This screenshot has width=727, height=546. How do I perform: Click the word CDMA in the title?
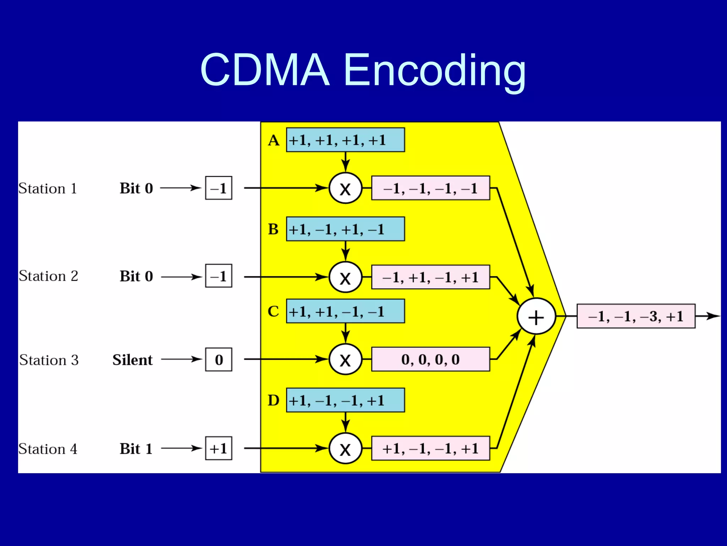265,70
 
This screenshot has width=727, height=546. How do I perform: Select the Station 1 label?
48,188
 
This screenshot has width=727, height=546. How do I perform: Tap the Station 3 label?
49,360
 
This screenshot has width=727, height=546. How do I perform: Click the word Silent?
132,360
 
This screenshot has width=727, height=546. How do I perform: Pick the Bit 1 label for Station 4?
136,449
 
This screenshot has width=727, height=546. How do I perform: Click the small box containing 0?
219,360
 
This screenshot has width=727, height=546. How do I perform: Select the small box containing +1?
219,449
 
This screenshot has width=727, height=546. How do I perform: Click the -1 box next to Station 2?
219,276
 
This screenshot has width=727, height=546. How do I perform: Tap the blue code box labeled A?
345,140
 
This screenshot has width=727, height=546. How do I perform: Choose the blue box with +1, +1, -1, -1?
345,311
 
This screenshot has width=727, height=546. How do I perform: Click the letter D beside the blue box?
273,400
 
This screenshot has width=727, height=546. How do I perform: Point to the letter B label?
273,229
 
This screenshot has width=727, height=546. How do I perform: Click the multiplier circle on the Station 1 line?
345,188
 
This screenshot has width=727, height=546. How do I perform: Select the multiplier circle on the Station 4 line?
345,449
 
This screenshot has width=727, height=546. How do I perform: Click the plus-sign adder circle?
536,316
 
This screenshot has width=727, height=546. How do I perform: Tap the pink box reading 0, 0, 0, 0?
430,360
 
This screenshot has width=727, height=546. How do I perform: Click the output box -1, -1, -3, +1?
635,316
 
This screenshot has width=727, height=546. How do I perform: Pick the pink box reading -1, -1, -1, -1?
430,188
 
